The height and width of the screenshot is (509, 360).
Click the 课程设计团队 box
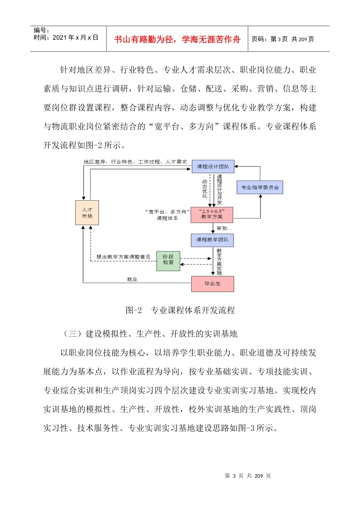[213, 167]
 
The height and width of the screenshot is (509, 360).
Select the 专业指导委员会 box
[260, 187]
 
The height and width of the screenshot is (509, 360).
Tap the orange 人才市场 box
[87, 213]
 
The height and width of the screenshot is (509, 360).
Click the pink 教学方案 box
[212, 215]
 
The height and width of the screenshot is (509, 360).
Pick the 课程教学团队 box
[212, 240]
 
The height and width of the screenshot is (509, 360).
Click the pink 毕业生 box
[213, 284]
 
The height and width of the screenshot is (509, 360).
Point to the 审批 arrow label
[222, 228]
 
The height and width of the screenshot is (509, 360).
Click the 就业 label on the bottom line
[132, 279]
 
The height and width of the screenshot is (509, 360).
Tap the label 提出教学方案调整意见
[123, 257]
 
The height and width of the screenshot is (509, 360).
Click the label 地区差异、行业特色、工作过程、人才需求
[135, 162]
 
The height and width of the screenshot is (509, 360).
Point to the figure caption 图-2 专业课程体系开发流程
[180, 311]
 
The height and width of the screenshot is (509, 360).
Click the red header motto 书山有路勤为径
[177, 39]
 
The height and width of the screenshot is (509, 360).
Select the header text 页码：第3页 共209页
[283, 39]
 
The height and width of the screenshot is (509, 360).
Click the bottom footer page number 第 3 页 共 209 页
[248, 476]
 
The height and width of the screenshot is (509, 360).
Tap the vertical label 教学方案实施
[219, 261]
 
